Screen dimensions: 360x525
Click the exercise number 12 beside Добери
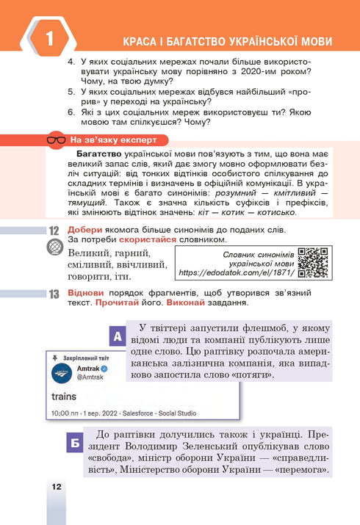[54, 230]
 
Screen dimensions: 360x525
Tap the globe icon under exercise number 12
[54, 248]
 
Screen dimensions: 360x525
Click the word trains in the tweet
[69, 397]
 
